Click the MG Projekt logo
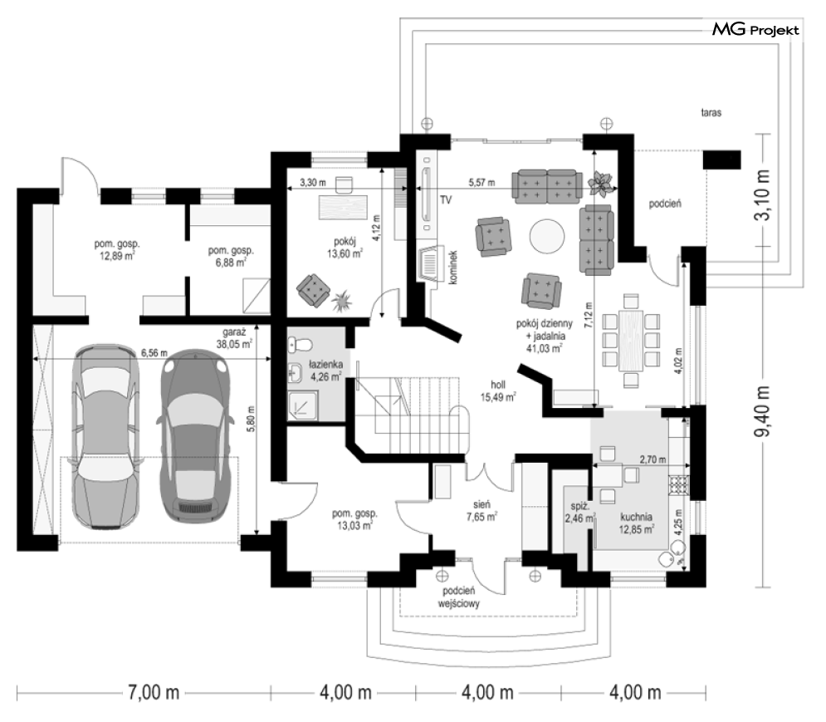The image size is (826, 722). click(755, 30)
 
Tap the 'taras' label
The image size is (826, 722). click(711, 112)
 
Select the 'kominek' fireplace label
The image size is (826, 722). click(453, 268)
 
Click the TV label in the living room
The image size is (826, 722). click(446, 200)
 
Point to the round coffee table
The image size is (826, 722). click(547, 236)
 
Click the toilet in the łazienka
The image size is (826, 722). click(300, 345)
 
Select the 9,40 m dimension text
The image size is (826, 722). click(761, 411)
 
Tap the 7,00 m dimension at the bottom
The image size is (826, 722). click(154, 692)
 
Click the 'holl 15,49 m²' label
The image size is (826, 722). click(498, 390)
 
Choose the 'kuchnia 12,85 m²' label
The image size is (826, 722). click(637, 523)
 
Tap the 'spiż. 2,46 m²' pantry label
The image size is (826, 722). click(579, 512)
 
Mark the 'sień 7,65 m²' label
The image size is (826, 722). click(481, 510)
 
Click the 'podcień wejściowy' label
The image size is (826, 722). click(458, 597)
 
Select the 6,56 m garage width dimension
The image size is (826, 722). click(154, 353)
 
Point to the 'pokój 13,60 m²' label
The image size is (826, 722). click(345, 248)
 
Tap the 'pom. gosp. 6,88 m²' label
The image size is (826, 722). click(231, 256)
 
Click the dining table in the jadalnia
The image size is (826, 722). click(631, 340)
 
